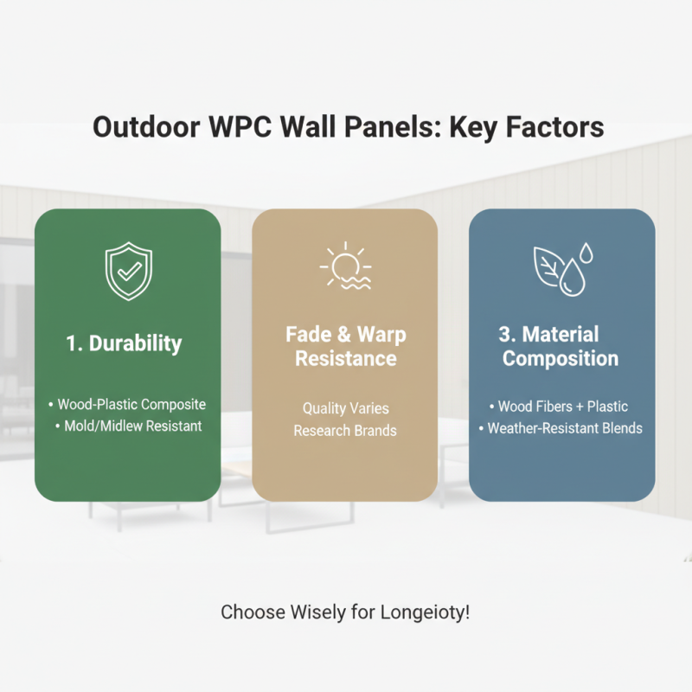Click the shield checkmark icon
(127, 270)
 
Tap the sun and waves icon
(344, 266)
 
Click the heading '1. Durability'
(125, 343)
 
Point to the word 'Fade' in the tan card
(308, 334)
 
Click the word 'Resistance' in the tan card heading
(346, 358)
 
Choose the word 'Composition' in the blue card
(561, 358)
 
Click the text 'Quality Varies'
(345, 407)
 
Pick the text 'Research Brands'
(345, 430)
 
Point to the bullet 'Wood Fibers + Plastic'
(561, 406)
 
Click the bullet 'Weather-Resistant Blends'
(561, 427)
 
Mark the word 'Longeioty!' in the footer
(426, 612)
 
